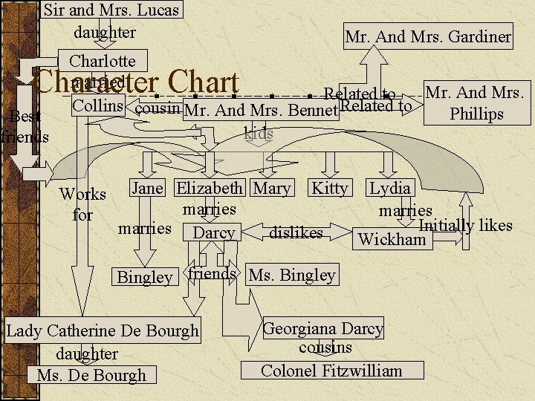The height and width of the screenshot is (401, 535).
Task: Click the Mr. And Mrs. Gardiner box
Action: (x=428, y=36)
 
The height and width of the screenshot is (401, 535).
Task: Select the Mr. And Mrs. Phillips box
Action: (x=476, y=103)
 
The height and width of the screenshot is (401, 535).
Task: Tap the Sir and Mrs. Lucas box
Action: (x=111, y=10)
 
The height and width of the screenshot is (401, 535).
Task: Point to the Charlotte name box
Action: (x=103, y=61)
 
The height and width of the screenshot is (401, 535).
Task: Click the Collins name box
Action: (x=97, y=106)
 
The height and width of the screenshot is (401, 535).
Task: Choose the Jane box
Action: (x=147, y=189)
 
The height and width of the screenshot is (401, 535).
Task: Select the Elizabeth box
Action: (x=210, y=189)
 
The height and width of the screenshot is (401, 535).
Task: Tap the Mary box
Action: (x=272, y=189)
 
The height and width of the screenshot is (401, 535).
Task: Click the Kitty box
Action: (x=329, y=189)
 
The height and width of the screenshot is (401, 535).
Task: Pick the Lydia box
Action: (x=390, y=189)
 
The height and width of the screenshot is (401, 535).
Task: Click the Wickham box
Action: (x=392, y=239)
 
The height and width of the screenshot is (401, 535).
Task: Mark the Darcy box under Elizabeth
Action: (x=214, y=233)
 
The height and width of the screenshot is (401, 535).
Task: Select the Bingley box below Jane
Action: (x=145, y=277)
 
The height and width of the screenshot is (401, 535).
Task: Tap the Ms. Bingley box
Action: (x=292, y=276)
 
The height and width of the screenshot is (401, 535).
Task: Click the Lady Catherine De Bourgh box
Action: (x=103, y=330)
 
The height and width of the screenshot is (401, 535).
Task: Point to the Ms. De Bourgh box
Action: (x=91, y=375)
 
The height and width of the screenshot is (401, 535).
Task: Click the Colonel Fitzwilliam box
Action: (x=331, y=371)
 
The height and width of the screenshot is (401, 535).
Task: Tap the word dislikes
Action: (x=296, y=233)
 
